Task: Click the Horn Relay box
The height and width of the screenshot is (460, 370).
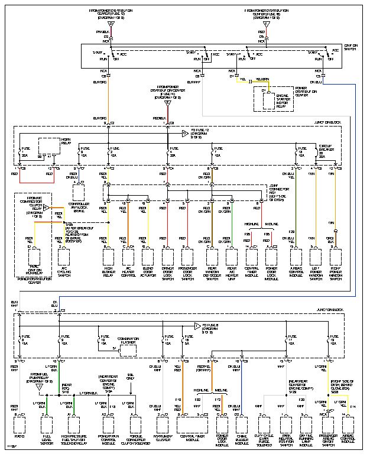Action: tap(50, 148)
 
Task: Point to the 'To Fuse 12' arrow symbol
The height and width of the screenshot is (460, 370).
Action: tap(184, 133)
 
